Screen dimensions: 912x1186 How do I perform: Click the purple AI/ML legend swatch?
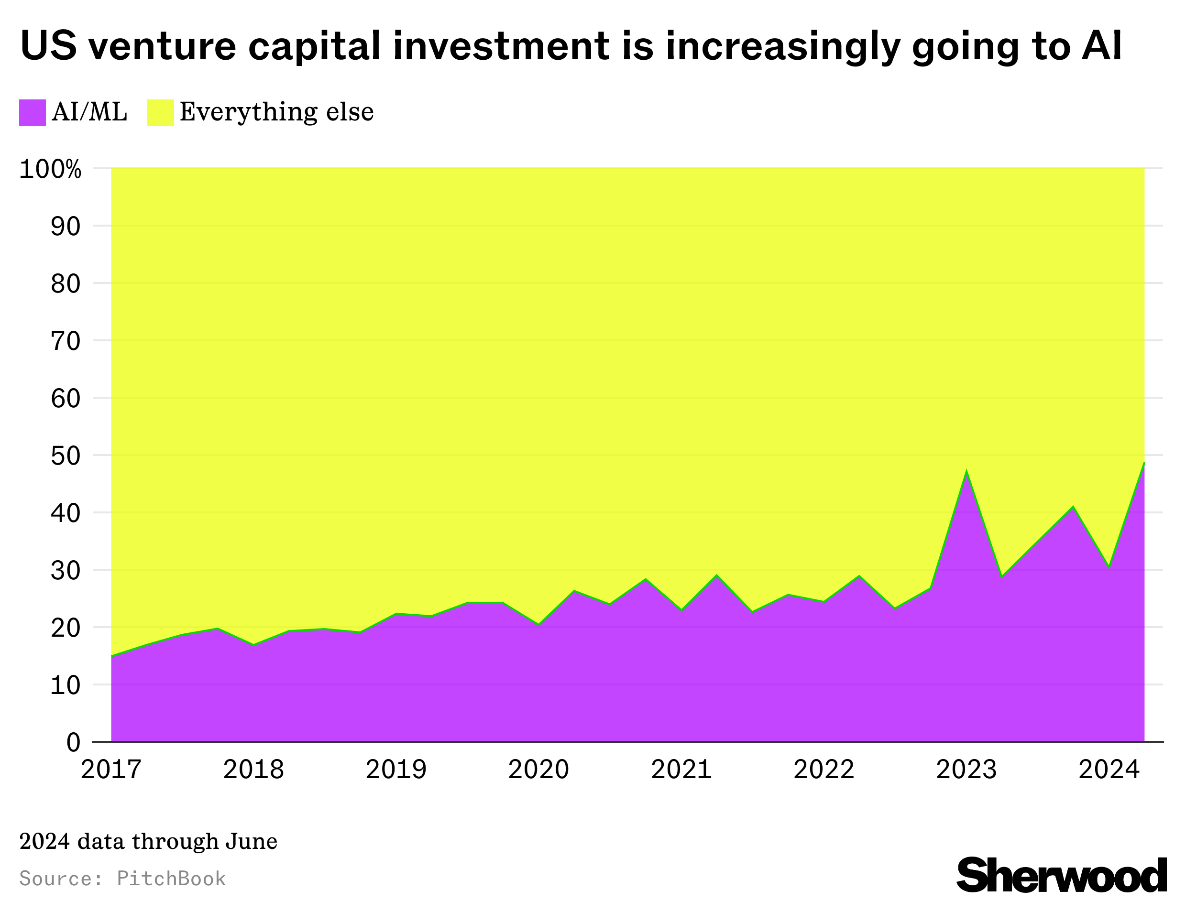click(32, 112)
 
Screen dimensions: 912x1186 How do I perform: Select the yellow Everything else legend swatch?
click(160, 112)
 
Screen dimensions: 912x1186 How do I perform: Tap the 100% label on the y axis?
click(50, 170)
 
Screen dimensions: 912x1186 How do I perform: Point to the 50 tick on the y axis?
click(66, 456)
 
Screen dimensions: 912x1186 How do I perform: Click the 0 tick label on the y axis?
click(73, 742)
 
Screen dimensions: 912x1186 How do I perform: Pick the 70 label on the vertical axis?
click(66, 341)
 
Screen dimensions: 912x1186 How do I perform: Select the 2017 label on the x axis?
click(111, 770)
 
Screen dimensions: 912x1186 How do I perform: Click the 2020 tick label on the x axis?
click(538, 770)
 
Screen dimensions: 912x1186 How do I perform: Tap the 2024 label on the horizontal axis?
click(1109, 770)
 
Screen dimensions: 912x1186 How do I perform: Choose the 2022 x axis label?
click(824, 770)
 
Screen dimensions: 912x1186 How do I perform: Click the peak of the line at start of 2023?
click(966, 471)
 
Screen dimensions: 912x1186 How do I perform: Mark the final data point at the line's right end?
click(1143, 463)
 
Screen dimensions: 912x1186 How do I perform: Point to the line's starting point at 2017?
click(112, 656)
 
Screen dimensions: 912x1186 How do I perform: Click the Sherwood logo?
click(1061, 875)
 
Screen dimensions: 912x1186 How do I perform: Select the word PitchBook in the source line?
click(171, 879)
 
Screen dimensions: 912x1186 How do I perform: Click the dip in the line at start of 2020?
click(538, 625)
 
